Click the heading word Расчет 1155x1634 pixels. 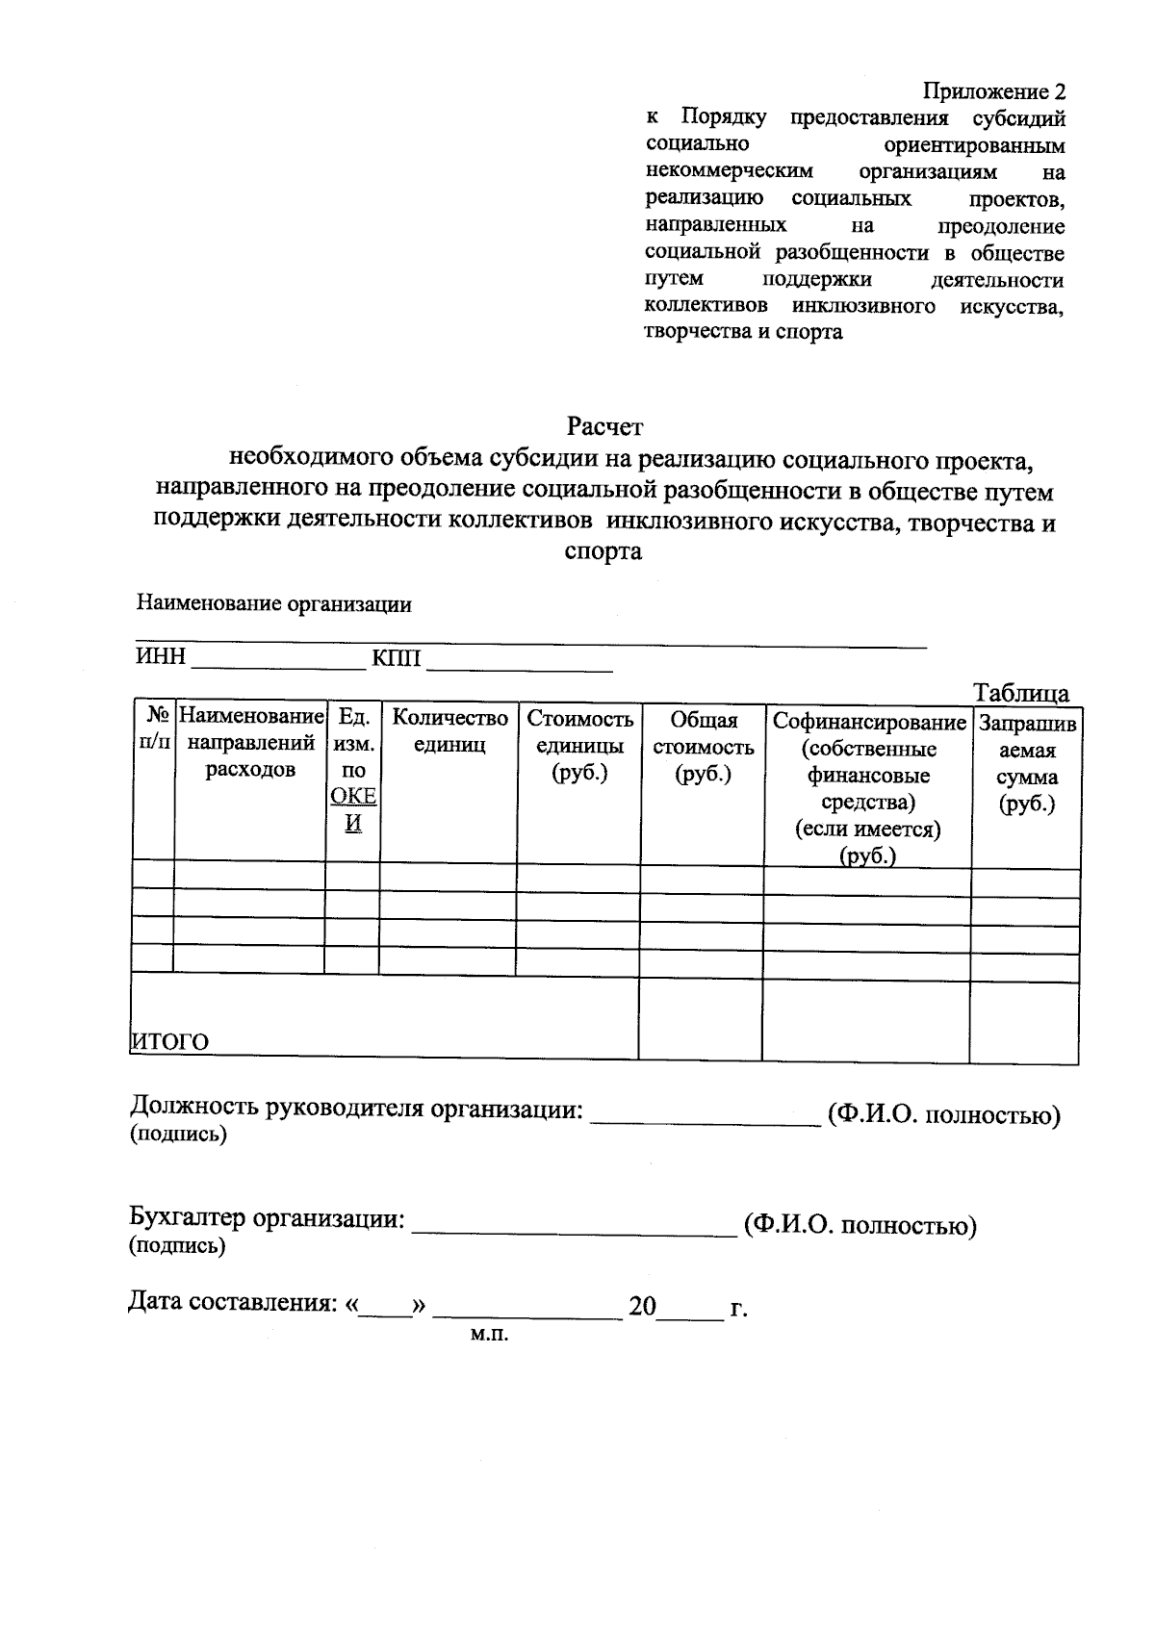pyautogui.click(x=603, y=425)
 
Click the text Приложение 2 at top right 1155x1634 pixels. pyautogui.click(x=994, y=91)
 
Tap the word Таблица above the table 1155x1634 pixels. pyautogui.click(x=1020, y=693)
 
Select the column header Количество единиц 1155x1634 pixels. pyautogui.click(x=449, y=731)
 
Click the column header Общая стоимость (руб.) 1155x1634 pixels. pyautogui.click(x=703, y=747)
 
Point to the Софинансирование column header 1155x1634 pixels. pyautogui.click(x=868, y=722)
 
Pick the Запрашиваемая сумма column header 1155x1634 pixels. pyautogui.click(x=1027, y=763)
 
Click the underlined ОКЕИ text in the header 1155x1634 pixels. pyautogui.click(x=353, y=809)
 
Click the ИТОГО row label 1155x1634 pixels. pyautogui.click(x=169, y=1042)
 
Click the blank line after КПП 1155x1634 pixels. pyautogui.click(x=520, y=664)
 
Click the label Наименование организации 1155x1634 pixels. pyautogui.click(x=274, y=604)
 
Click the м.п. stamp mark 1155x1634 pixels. pyautogui.click(x=488, y=1335)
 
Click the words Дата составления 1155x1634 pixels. pyautogui.click(x=231, y=1303)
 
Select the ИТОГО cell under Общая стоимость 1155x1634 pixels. pyautogui.click(x=701, y=1018)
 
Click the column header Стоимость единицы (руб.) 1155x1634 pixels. pyautogui.click(x=579, y=746)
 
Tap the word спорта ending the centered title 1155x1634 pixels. pyautogui.click(x=603, y=552)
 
